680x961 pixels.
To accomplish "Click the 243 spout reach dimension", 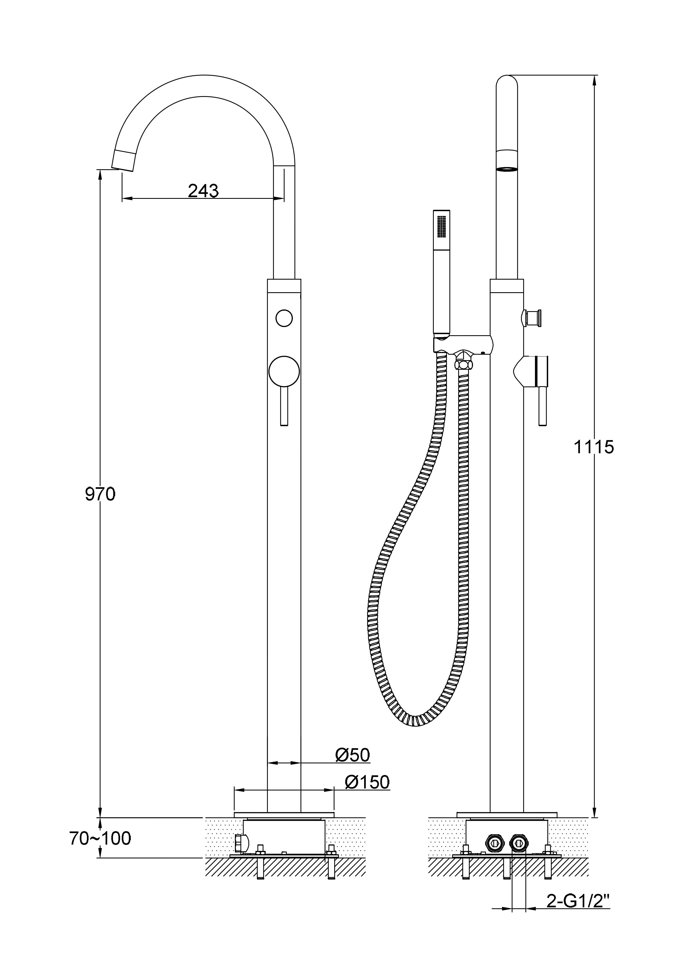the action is tap(203, 191).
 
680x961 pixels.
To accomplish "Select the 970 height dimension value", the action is tap(100, 494).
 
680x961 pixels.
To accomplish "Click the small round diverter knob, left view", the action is tap(284, 318).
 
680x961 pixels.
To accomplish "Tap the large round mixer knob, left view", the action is tap(284, 371).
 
